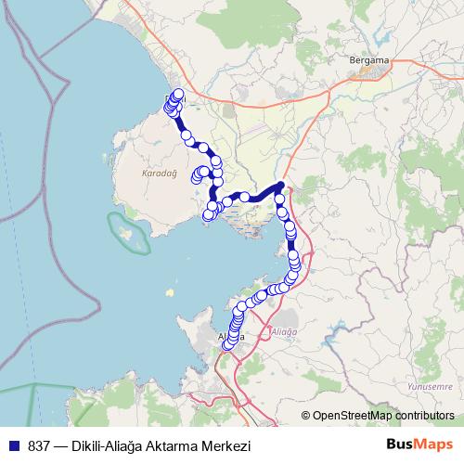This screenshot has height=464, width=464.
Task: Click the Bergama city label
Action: (368, 60)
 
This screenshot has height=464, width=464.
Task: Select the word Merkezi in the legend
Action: (227, 446)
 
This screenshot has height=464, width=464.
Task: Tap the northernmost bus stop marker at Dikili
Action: (178, 94)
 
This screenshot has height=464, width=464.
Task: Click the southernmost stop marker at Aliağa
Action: (226, 345)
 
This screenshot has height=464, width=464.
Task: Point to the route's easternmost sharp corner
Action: (282, 184)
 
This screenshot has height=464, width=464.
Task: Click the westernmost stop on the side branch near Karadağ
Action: (197, 176)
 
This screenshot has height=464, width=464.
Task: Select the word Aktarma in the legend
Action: (174, 446)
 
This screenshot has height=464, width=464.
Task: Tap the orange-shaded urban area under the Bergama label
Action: (370, 71)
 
